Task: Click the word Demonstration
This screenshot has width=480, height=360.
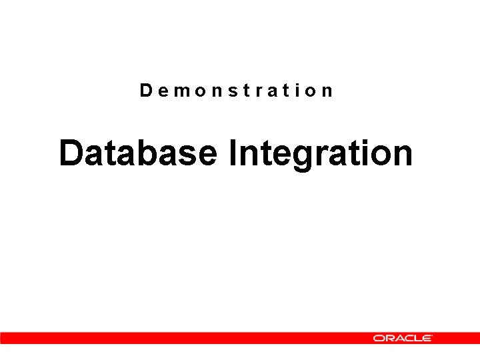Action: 236,90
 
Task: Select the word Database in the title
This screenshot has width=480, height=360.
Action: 138,153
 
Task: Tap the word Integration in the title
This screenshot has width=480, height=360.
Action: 320,153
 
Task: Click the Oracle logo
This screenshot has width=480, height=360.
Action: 403,338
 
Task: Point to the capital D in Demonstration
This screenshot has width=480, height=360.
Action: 146,90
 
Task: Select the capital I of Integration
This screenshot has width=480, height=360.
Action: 232,153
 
